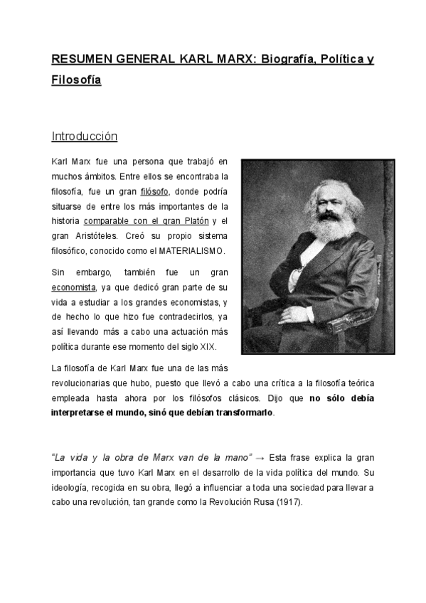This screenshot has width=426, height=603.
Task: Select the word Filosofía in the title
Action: coord(76,80)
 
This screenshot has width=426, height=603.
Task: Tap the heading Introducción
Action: coord(84,136)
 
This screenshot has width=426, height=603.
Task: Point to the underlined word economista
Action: coord(73,287)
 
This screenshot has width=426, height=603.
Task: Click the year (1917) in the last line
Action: coord(288,501)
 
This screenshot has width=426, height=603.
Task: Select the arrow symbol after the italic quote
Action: coord(260,457)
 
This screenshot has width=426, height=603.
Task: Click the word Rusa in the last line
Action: coord(260,501)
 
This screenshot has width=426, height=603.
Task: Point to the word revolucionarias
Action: coord(86,383)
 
